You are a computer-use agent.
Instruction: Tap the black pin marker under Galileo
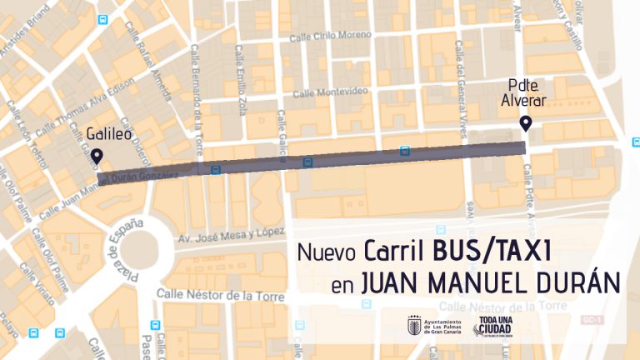click(97, 156)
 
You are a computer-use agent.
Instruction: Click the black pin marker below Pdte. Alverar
click(526, 124)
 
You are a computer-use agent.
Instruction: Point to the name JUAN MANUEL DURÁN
click(490, 284)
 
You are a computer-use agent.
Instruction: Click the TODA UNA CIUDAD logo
click(495, 327)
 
